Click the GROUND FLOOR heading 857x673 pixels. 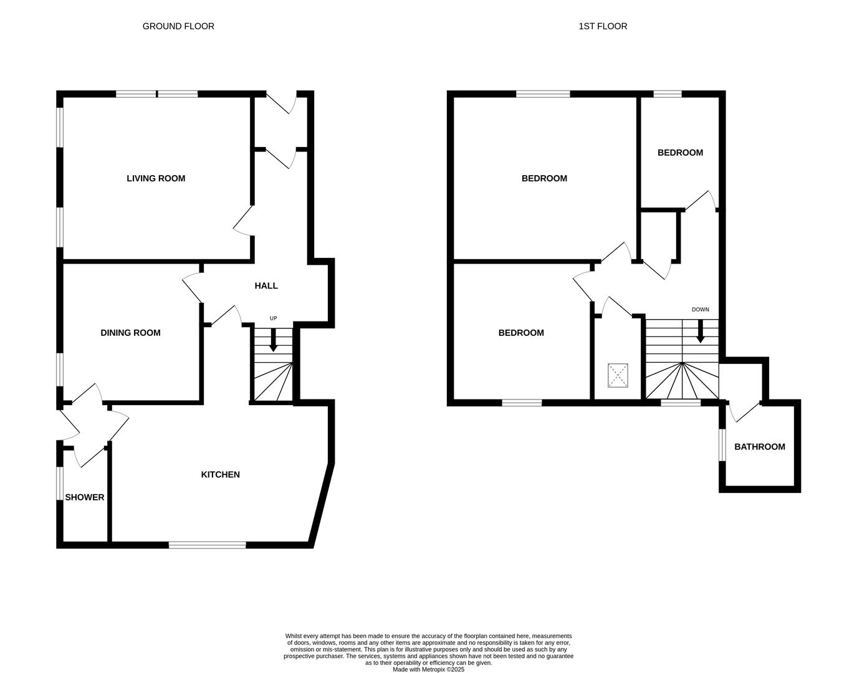click(x=178, y=26)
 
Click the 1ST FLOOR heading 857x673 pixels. click(x=603, y=26)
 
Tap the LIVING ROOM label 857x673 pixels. click(x=156, y=178)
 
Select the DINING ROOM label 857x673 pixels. click(x=130, y=333)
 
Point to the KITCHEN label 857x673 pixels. click(x=220, y=474)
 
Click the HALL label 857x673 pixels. click(x=266, y=285)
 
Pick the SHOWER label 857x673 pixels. click(x=85, y=497)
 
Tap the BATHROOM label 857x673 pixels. click(x=759, y=447)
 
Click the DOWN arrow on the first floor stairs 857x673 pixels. click(x=700, y=332)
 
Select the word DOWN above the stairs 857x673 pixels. click(x=700, y=310)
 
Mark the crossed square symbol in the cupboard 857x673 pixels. click(x=618, y=376)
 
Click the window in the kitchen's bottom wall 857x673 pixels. click(x=207, y=545)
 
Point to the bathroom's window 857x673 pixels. click(x=722, y=445)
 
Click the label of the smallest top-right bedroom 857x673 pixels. click(x=680, y=153)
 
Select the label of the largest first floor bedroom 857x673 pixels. click(x=544, y=178)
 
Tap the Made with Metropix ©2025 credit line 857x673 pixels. click(x=428, y=669)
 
